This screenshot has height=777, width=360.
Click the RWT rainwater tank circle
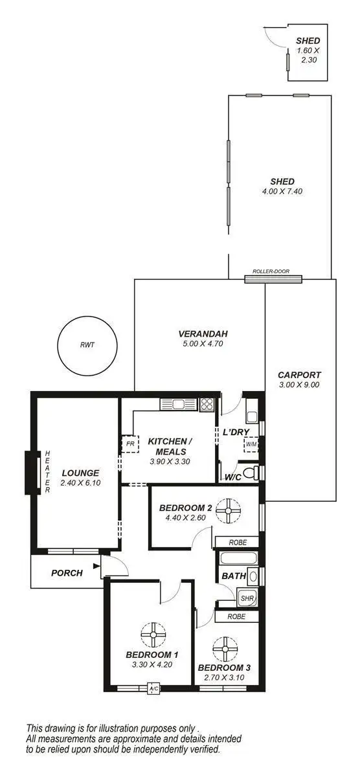coord(87,344)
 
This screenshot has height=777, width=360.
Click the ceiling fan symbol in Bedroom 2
coord(228,511)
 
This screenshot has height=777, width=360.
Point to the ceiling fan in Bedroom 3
coord(225,647)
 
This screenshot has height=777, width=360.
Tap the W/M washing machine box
coord(251,445)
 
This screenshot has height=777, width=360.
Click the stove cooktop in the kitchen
coord(207,404)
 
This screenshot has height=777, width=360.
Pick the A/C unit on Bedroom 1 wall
coord(154,688)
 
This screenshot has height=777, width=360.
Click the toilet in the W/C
coord(251,471)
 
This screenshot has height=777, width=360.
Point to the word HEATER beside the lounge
coord(47,472)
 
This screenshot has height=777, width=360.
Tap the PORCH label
coord(67,572)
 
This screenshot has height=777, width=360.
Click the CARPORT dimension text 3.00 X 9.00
coord(298,384)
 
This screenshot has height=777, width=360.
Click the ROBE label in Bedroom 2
coord(236,542)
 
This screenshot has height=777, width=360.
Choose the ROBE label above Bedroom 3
coord(236,616)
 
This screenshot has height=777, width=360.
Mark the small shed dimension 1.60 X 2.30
coord(308,54)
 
